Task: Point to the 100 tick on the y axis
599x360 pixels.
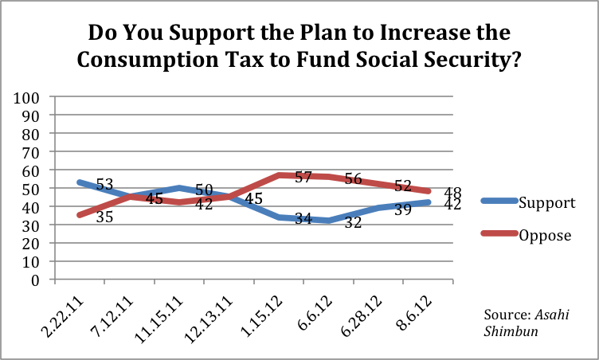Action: click(28, 97)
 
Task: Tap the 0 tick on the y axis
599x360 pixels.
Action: click(37, 280)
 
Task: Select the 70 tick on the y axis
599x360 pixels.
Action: click(32, 152)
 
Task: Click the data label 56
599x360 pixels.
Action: click(354, 178)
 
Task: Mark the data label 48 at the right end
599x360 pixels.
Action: click(454, 192)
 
